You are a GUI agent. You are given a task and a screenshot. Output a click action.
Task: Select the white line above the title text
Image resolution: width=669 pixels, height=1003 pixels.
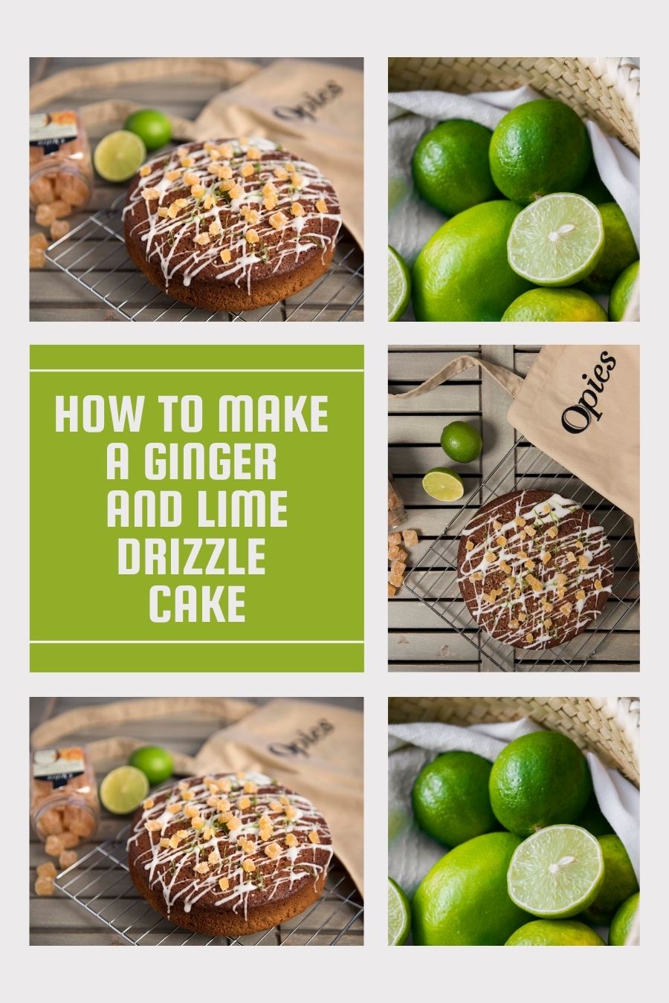click(196, 370)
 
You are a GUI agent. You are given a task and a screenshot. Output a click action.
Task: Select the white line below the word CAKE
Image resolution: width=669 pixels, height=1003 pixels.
click(196, 642)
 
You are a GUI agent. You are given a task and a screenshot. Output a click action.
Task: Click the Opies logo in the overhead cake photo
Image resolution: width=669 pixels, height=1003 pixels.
click(588, 392)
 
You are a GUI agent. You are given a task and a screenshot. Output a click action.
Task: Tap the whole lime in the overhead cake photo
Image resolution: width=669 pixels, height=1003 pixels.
click(461, 441)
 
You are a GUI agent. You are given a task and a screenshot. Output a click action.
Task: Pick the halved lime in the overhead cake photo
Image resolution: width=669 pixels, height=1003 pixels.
click(443, 484)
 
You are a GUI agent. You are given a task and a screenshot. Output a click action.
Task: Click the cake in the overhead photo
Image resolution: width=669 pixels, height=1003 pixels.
click(534, 569)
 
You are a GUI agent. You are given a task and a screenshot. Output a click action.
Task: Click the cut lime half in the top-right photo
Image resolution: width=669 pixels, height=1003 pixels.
click(555, 238)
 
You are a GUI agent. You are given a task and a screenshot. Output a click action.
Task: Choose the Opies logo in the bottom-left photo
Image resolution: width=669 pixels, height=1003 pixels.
click(300, 736)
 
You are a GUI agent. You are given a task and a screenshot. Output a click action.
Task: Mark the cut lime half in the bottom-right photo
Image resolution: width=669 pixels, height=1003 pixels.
click(555, 870)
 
